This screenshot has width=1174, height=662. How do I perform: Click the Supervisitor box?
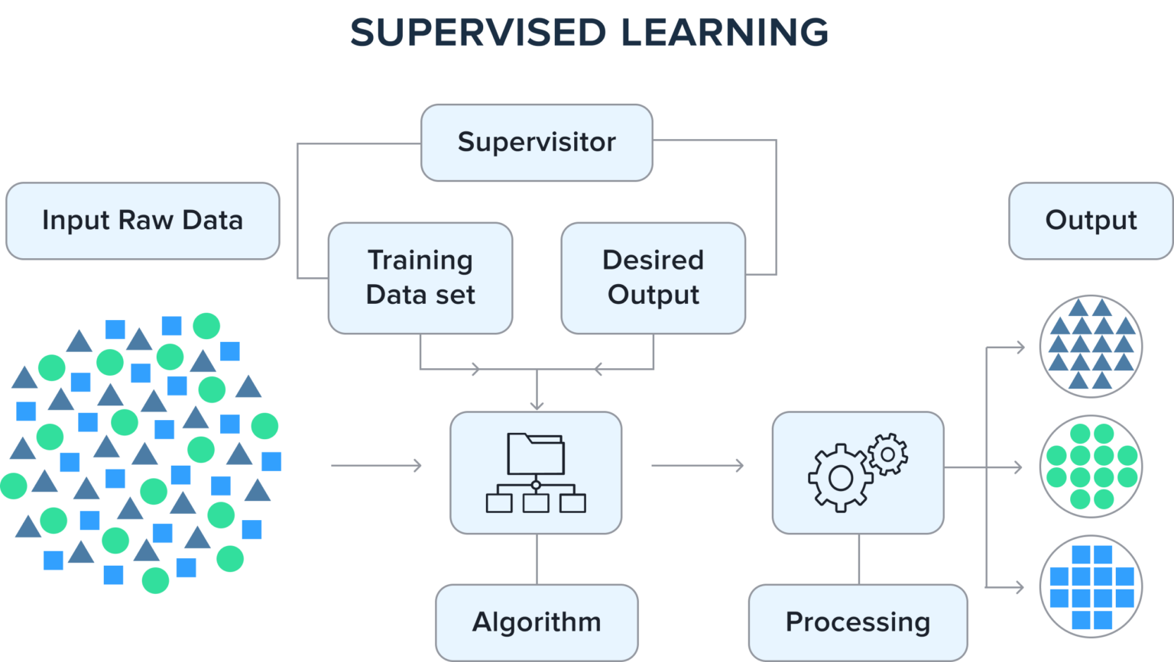tap(537, 143)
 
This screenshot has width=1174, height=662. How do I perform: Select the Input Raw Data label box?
tap(142, 221)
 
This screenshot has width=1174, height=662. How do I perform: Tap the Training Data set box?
tap(420, 277)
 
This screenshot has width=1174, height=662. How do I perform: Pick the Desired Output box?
tap(653, 277)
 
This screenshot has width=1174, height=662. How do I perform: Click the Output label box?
tap(1091, 221)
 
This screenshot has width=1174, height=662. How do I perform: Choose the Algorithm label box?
tap(537, 622)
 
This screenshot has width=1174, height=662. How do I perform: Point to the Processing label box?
tap(858, 622)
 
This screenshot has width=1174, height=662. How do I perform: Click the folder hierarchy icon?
tap(536, 473)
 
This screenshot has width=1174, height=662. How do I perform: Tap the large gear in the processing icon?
tap(840, 478)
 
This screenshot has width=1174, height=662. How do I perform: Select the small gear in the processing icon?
tap(887, 454)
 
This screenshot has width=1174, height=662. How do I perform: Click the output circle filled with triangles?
tap(1091, 346)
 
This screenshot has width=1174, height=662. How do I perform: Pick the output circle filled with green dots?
tap(1091, 467)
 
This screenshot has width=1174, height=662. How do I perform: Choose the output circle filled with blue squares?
tap(1091, 587)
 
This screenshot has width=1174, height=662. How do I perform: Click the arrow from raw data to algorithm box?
tap(376, 465)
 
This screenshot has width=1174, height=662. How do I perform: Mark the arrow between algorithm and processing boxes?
tap(697, 465)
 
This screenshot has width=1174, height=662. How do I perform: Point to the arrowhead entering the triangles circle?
tap(1019, 347)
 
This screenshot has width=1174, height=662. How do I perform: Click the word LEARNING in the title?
tap(724, 33)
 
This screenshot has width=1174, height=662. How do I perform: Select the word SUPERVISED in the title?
tap(478, 33)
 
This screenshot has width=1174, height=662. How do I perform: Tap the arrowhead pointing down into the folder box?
tap(537, 405)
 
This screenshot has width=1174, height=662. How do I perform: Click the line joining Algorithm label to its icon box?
tap(537, 559)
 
